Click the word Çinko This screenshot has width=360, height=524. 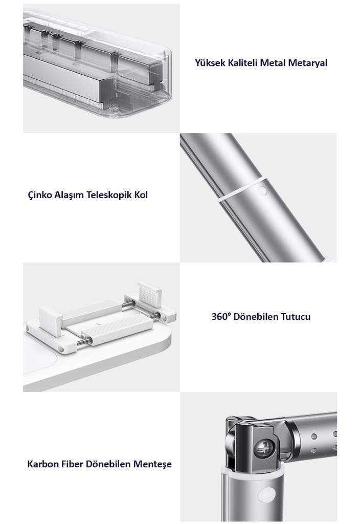(40, 195)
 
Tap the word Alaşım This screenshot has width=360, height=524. (69, 195)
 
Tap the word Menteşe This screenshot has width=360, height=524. (152, 464)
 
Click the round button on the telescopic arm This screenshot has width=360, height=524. (263, 191)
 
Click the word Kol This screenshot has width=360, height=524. (141, 195)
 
